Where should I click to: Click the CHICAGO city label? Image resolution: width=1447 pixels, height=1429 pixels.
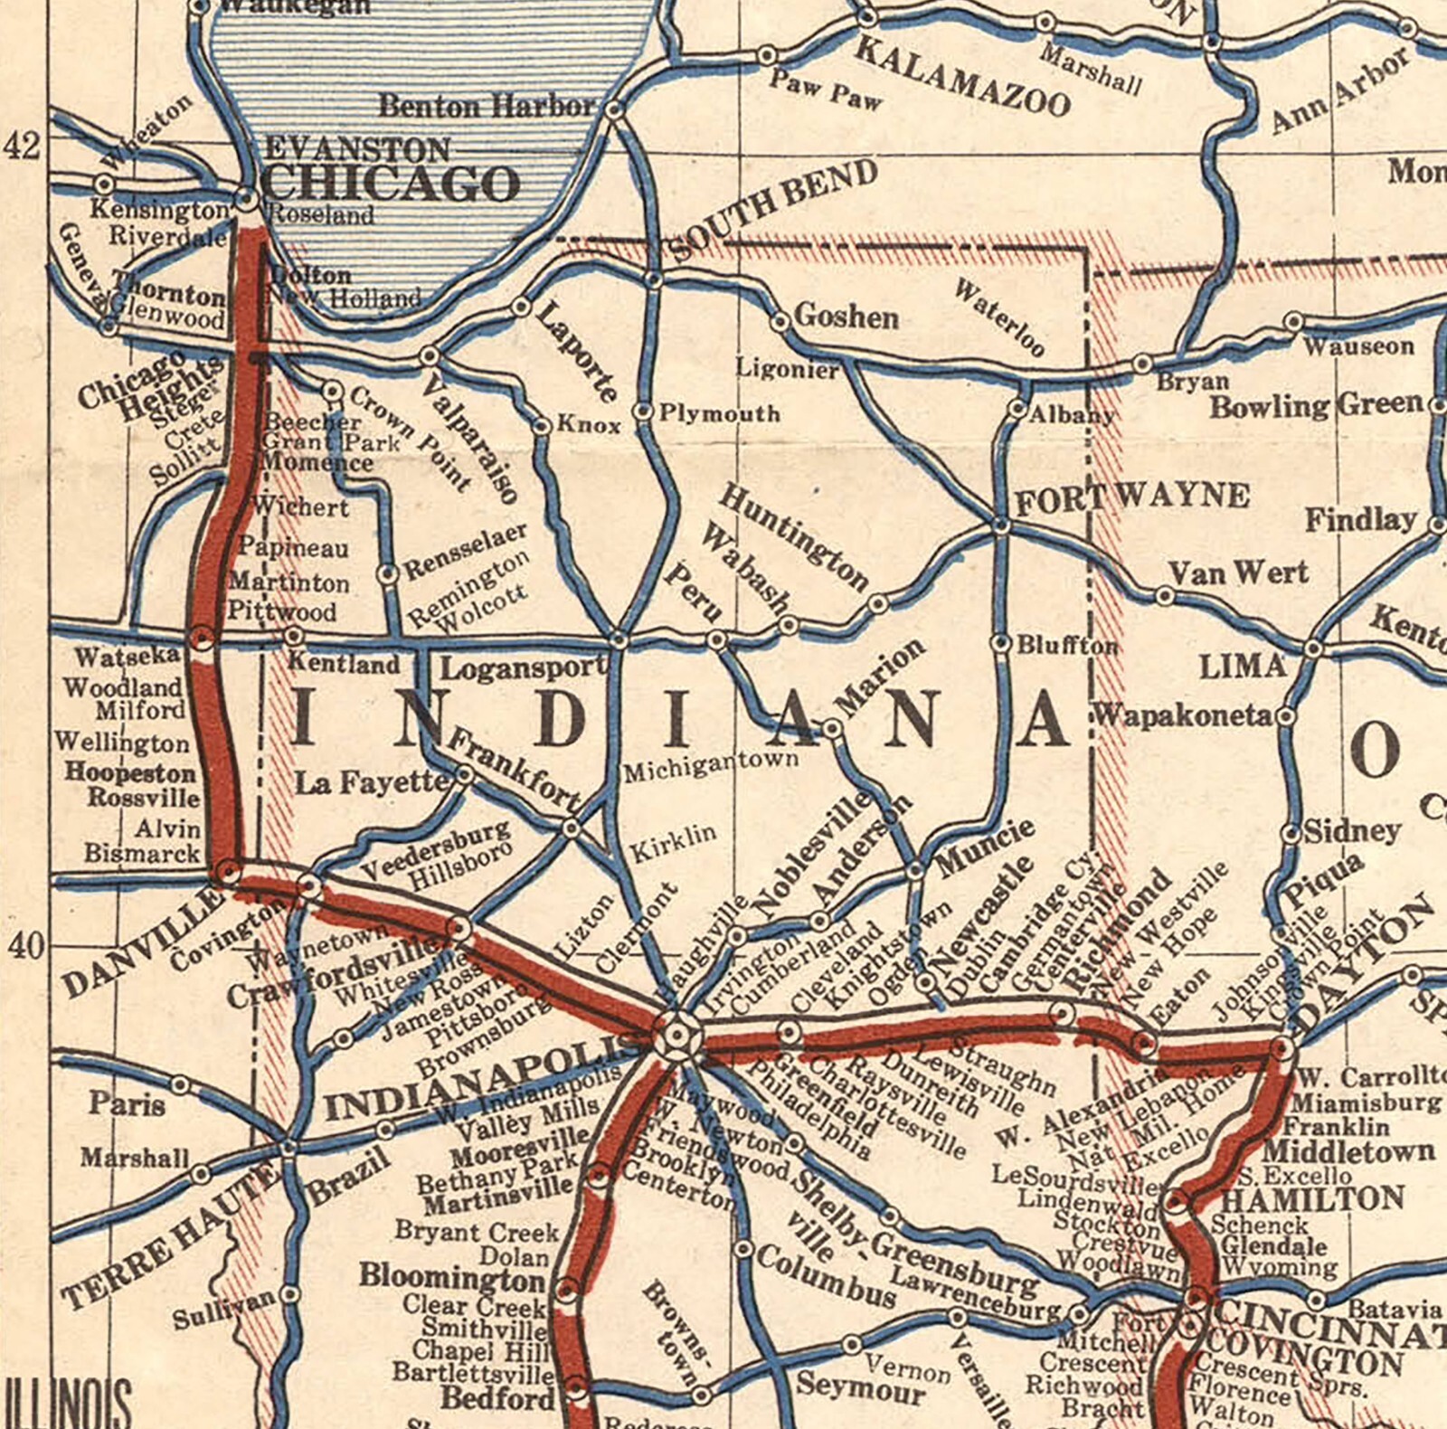[391, 184]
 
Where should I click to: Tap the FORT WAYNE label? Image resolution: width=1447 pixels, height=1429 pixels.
[1133, 497]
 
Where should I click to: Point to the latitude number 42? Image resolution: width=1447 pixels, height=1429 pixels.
[22, 145]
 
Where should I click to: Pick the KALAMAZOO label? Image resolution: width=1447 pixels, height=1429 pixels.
[962, 78]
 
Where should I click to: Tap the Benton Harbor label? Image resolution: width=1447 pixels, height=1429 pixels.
[487, 107]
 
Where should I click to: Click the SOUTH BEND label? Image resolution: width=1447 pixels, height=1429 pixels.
[774, 210]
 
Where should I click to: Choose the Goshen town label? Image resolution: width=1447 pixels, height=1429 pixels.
[846, 317]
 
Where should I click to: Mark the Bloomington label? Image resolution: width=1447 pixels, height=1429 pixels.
[451, 1277]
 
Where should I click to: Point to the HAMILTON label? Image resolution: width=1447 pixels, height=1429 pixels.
[1312, 1199]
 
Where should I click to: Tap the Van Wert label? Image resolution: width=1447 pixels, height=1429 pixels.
[1238, 573]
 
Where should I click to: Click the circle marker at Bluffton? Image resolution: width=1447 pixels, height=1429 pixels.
[1001, 643]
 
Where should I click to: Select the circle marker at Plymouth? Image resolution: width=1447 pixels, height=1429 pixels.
[643, 412]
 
